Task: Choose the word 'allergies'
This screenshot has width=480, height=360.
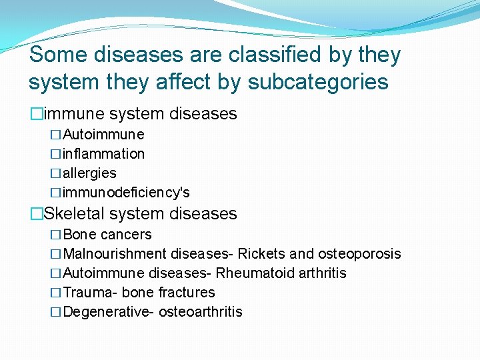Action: point(90,173)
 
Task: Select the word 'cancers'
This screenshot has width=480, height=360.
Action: point(126,235)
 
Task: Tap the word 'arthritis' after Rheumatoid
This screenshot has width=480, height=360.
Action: point(321,273)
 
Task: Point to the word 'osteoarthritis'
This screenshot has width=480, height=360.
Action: point(201,312)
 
